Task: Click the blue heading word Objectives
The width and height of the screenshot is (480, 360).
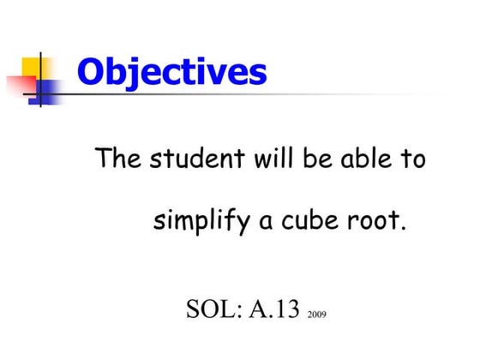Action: click(171, 72)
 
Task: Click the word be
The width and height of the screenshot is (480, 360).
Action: click(317, 159)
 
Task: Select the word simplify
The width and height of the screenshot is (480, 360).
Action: click(201, 222)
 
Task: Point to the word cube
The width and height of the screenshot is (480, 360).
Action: click(309, 222)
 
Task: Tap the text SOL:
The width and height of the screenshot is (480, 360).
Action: click(214, 308)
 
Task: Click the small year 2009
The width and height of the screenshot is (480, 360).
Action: click(316, 315)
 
